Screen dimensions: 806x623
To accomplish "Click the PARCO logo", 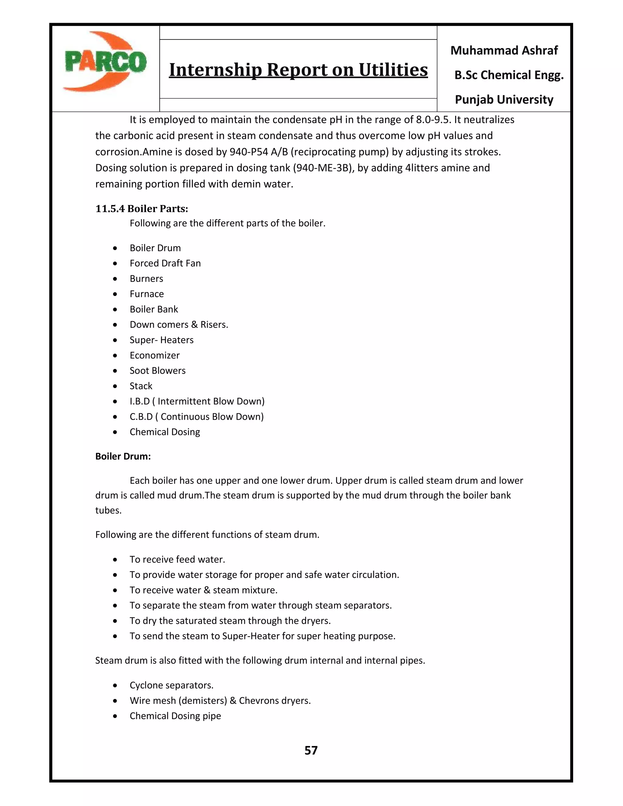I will tap(105, 62).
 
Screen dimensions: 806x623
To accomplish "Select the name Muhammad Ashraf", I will tap(504, 50).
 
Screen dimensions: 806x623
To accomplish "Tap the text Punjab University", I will tap(504, 100).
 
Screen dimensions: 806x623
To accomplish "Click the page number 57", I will tap(311, 750).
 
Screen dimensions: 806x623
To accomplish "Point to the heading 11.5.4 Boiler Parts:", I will tap(142, 209).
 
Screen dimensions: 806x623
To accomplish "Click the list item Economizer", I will tap(154, 355).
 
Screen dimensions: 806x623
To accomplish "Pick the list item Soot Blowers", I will tap(157, 371).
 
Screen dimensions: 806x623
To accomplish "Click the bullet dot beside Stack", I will tap(116, 386).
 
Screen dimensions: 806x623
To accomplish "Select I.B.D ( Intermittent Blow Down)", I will tap(197, 401).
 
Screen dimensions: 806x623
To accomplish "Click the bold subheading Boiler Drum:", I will tap(123, 457).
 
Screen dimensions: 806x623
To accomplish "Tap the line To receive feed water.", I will tap(177, 559).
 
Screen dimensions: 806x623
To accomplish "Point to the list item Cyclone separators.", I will tap(171, 685).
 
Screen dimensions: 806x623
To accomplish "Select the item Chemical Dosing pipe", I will tap(175, 716).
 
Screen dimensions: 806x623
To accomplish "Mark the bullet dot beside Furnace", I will tap(116, 294).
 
